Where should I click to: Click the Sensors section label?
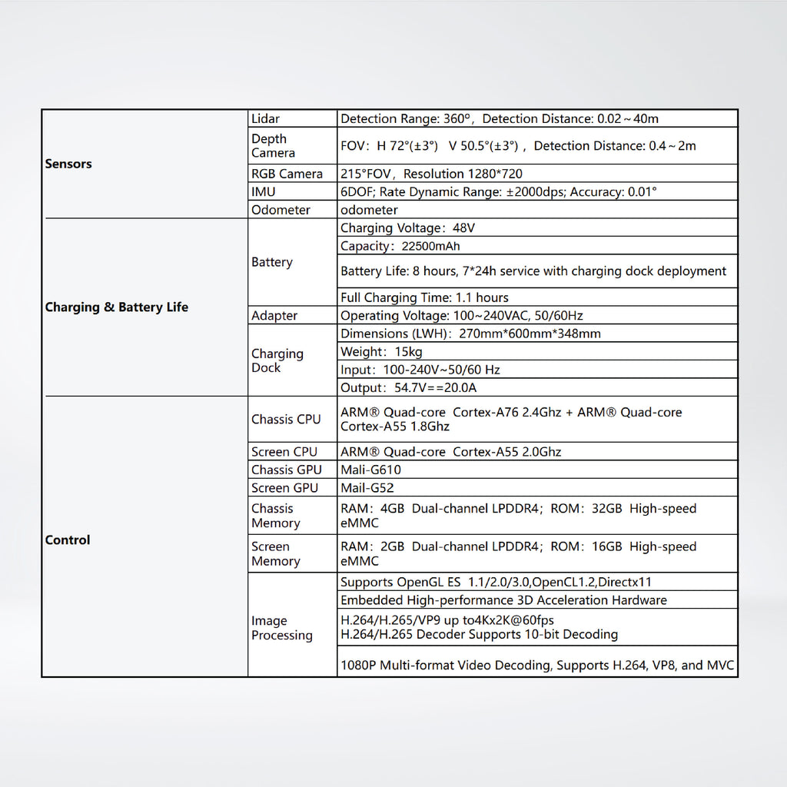[x=68, y=164]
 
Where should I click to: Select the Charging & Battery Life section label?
[x=116, y=307]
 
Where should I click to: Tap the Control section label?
[x=68, y=540]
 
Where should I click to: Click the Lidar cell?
[x=266, y=119]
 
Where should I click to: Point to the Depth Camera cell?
[x=273, y=146]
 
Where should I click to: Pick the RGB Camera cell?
[x=287, y=174]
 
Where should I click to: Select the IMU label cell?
[x=264, y=192]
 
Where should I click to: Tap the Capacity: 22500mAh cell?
[x=400, y=247]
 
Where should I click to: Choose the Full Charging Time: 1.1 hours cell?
[x=424, y=297]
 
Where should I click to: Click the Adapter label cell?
[x=274, y=316]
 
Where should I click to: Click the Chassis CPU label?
[x=286, y=420]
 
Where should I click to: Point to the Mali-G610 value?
[x=370, y=470]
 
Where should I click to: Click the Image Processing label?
[x=282, y=628]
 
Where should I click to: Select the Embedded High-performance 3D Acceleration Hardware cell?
[x=503, y=600]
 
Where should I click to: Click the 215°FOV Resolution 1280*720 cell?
[x=431, y=174]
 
